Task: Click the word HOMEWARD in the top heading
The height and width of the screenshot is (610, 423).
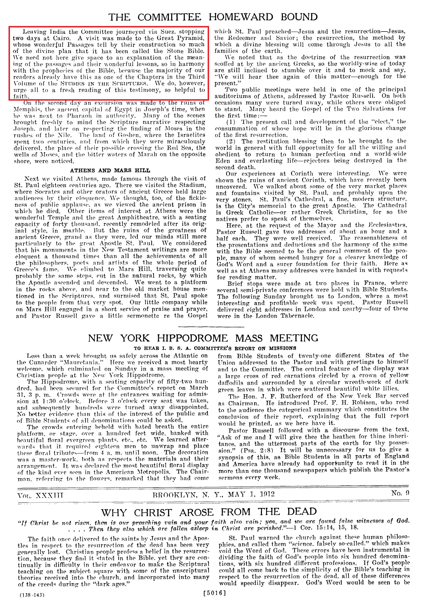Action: point(241,17)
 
